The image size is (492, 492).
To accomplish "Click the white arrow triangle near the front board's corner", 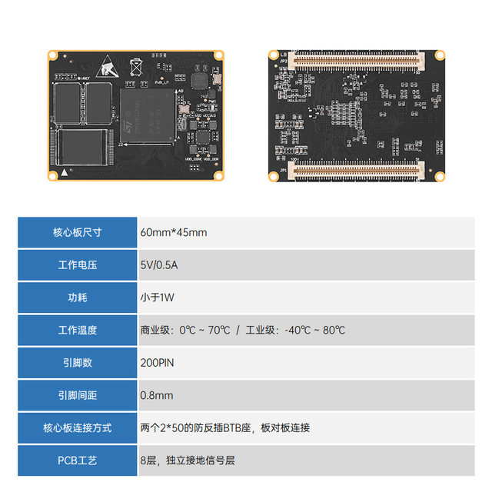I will click(67, 173).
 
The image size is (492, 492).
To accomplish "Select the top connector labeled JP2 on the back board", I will click(358, 58).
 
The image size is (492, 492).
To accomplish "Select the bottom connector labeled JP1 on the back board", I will click(358, 170).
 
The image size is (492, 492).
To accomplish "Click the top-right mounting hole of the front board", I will click(218, 55).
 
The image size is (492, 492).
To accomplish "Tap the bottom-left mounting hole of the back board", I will click(273, 176).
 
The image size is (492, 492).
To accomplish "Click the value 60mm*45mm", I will click(173, 232).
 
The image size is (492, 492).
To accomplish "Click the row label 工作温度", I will click(78, 330).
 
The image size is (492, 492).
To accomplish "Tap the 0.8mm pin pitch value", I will click(157, 395).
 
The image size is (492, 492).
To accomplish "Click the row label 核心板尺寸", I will click(78, 232).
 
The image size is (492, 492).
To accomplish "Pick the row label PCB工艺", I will click(78, 460).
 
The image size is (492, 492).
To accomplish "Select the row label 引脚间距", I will click(78, 395).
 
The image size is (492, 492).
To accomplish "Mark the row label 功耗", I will click(78, 297).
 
